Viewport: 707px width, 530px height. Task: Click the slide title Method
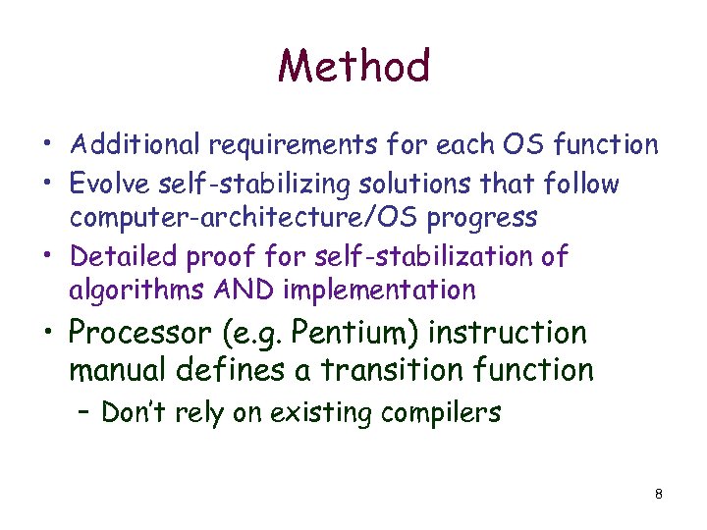[353, 67]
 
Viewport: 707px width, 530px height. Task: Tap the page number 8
[658, 494]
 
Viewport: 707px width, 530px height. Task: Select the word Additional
[135, 145]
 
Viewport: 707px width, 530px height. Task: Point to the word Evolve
[107, 184]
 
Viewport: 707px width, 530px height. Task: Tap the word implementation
[378, 291]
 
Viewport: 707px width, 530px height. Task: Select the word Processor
[138, 333]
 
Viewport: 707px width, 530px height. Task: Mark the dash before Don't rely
[81, 412]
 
